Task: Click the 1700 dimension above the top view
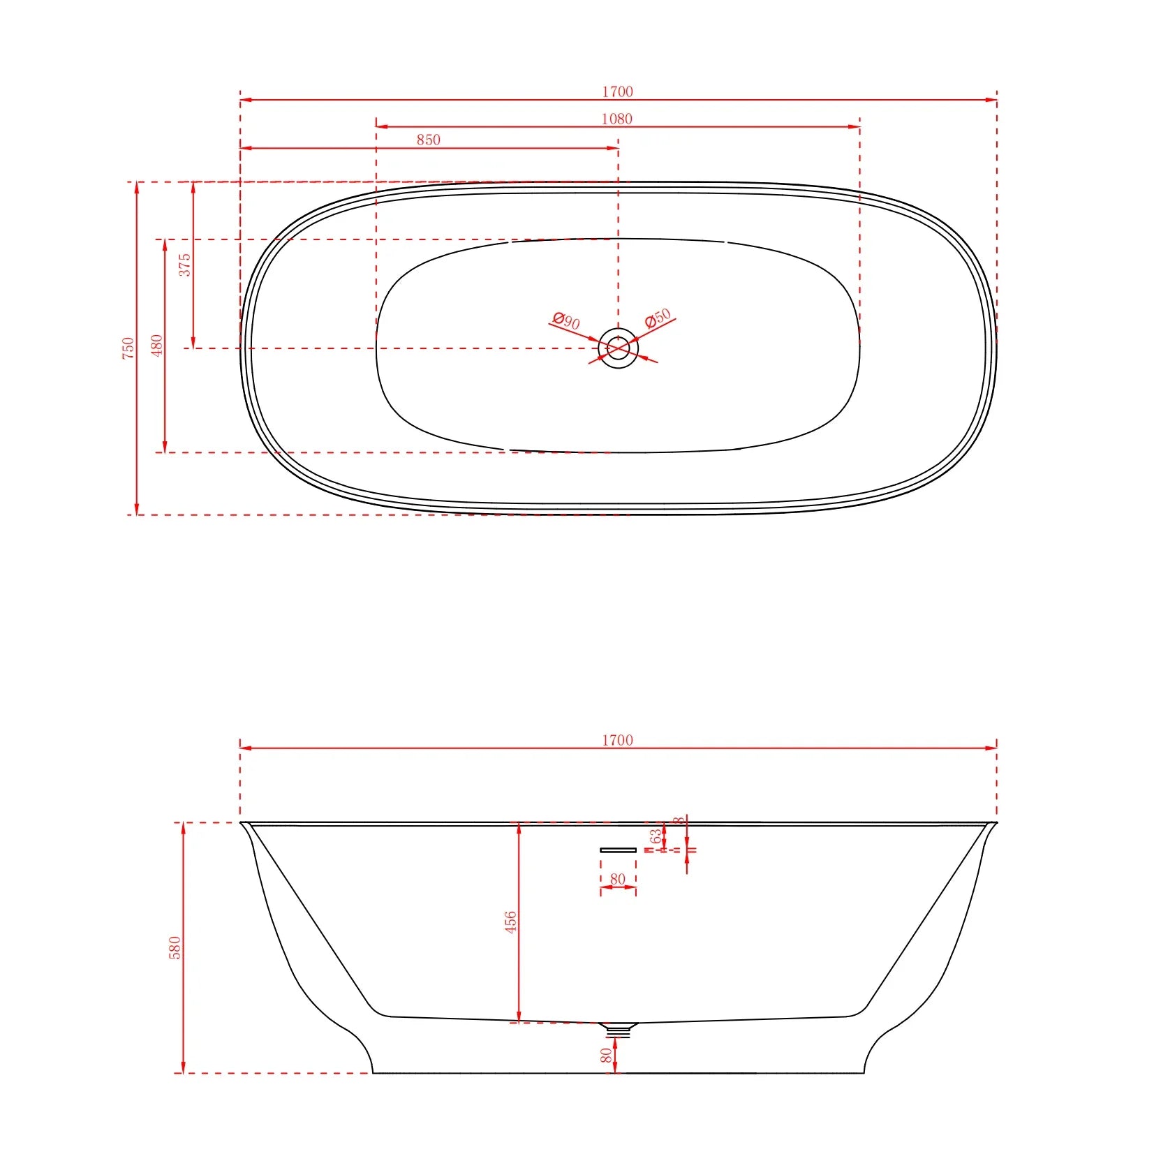[x=617, y=91]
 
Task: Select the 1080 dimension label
[x=616, y=119]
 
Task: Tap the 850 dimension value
[x=428, y=140]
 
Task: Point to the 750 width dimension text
[x=128, y=348]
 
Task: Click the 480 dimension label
[x=156, y=345]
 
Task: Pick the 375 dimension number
[x=184, y=265]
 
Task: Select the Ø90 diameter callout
[x=566, y=320]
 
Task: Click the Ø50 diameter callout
[x=658, y=318]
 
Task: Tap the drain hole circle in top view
[x=618, y=348]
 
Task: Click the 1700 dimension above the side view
[x=617, y=740]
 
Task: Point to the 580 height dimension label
[x=175, y=947]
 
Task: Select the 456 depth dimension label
[x=510, y=922]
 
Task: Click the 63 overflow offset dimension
[x=655, y=836]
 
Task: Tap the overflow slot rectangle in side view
[x=618, y=850]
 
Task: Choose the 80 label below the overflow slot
[x=617, y=879]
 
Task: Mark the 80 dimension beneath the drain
[x=606, y=1055]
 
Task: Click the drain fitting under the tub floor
[x=618, y=1029]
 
